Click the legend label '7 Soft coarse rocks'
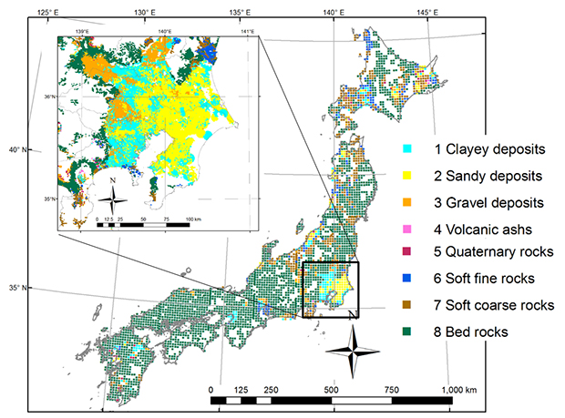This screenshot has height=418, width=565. click(x=483, y=306)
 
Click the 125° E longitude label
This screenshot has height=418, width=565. click(x=48, y=10)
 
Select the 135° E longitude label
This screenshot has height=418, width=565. click(x=239, y=10)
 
